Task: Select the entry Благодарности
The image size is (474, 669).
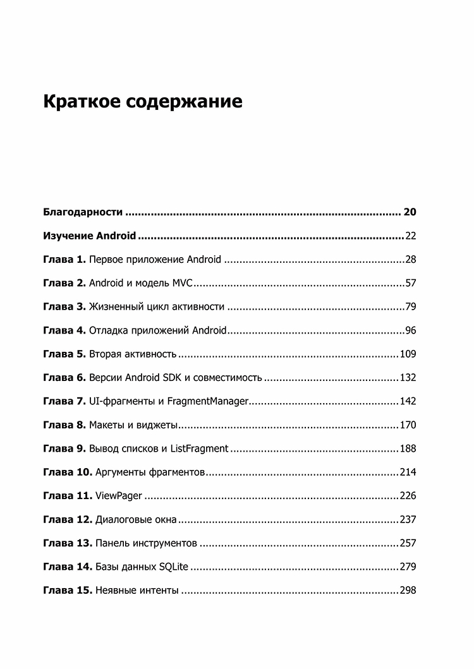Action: pyautogui.click(x=83, y=212)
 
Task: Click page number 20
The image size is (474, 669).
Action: pyautogui.click(x=409, y=212)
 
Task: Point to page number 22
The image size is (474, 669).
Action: pyautogui.click(x=410, y=236)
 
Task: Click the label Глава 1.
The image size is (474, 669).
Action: pyautogui.click(x=64, y=260)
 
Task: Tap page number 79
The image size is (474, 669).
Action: pyautogui.click(x=410, y=307)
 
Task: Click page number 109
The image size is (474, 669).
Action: pyautogui.click(x=408, y=354)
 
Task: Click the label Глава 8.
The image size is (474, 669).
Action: pyautogui.click(x=64, y=425)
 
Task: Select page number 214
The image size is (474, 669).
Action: pyautogui.click(x=408, y=473)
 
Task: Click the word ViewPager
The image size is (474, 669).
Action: pyautogui.click(x=118, y=496)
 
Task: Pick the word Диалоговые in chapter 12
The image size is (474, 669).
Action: pyautogui.click(x=124, y=520)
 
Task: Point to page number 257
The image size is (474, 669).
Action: pyautogui.click(x=408, y=543)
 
